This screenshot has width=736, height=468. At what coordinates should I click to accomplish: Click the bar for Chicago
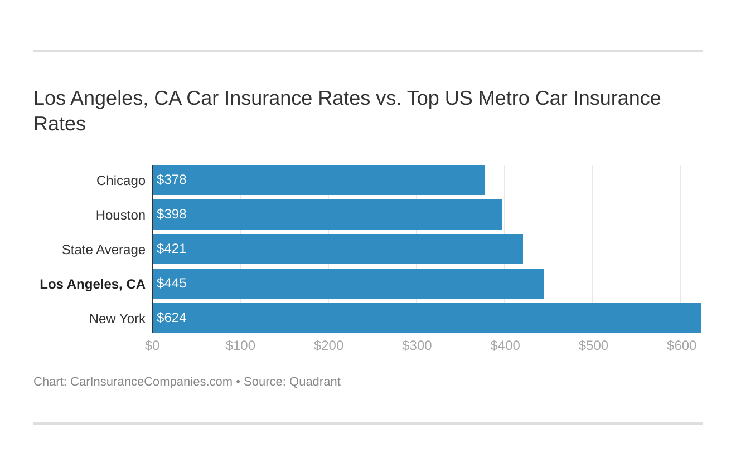point(318,180)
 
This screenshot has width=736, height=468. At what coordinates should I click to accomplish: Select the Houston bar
point(327,214)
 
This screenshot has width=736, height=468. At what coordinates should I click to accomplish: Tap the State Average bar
point(337,249)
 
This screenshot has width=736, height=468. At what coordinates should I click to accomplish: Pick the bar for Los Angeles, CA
point(348,284)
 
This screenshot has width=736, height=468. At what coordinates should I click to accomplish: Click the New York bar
point(427,318)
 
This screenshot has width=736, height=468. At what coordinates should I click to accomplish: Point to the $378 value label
point(171,180)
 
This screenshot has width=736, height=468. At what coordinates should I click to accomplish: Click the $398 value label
point(171,214)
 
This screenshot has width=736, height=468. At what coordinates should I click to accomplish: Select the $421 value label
point(171,249)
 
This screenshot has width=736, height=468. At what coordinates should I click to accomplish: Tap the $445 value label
point(171,284)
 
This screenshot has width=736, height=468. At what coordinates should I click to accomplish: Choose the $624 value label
point(171,318)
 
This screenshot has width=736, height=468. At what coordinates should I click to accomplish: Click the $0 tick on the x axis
point(152,345)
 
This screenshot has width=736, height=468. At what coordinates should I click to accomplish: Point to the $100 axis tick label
point(240,345)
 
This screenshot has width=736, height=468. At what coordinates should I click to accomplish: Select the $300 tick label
point(417,345)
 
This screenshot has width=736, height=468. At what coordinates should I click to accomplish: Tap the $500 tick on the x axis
point(593,345)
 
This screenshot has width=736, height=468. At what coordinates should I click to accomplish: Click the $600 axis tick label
point(681,345)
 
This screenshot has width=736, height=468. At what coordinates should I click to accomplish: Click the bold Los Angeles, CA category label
point(93,284)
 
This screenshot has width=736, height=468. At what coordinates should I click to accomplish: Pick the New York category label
point(117,319)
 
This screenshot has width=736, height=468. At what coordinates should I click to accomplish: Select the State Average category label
point(103,250)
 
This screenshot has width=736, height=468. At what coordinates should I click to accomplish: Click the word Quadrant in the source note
point(314,382)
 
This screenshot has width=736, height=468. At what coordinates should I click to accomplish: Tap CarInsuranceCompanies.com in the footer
point(151,382)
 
